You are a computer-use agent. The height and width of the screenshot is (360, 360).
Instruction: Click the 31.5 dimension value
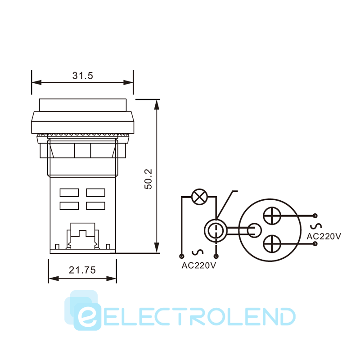coord(83,76)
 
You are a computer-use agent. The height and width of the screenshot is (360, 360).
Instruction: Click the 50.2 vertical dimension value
coord(148,179)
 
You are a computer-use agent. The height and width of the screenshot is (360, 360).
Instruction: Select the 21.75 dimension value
coord(82,270)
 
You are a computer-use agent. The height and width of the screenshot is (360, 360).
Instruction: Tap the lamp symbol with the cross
coord(199,197)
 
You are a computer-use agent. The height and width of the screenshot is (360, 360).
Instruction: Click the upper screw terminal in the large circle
coord(272,216)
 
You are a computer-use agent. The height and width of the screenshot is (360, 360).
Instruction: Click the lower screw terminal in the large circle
coord(272,244)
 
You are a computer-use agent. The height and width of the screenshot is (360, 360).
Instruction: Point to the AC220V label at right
coord(324,236)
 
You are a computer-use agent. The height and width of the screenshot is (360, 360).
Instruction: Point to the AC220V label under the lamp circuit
coord(199,265)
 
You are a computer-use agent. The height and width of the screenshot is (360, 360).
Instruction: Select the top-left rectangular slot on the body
coord(69,193)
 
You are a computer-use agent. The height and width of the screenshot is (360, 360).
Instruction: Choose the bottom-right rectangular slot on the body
coord(96,206)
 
